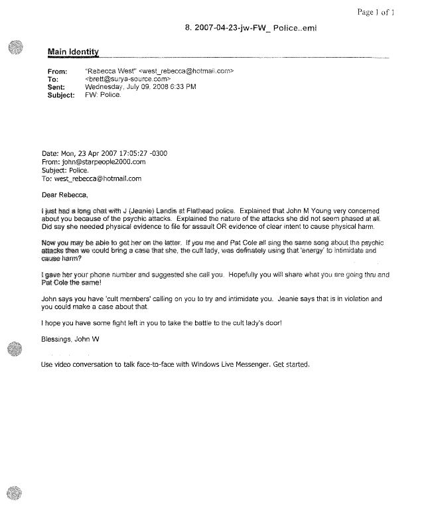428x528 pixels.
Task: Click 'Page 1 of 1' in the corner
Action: [394, 12]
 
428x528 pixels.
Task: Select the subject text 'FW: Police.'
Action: [103, 95]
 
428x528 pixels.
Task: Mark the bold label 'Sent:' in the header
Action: [57, 87]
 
